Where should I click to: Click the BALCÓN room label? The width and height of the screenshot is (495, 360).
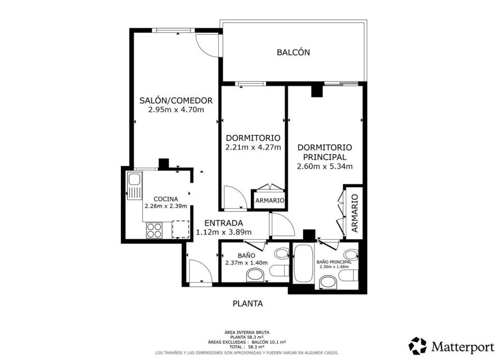[293, 52]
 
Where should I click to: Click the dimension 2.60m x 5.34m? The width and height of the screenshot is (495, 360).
[325, 166]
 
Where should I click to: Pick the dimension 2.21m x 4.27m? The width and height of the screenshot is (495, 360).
[253, 148]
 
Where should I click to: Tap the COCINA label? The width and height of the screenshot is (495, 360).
[165, 199]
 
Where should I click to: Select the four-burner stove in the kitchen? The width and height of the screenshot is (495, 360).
[155, 229]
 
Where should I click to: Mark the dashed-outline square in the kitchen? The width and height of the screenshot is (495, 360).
[180, 229]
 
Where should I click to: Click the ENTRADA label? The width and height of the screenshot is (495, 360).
[223, 222]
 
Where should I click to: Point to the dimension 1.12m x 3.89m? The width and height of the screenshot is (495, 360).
[223, 232]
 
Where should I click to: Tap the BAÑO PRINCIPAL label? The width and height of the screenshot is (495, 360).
[334, 262]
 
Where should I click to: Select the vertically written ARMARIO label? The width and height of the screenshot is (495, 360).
[354, 213]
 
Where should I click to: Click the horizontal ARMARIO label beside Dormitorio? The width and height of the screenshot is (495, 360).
[269, 200]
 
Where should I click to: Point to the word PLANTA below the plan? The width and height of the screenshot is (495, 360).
[247, 304]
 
